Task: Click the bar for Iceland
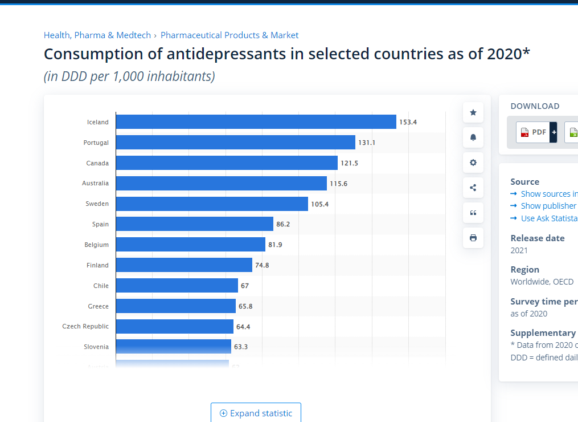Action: click(x=256, y=122)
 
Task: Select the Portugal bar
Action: click(x=235, y=143)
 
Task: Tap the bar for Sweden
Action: click(x=212, y=204)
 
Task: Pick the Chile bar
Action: click(x=177, y=286)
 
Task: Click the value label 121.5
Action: click(x=349, y=163)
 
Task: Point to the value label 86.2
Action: click(x=283, y=224)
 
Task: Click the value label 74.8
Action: click(x=262, y=265)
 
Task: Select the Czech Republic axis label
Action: click(x=85, y=326)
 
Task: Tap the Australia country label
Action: click(x=95, y=183)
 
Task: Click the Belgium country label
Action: click(x=96, y=245)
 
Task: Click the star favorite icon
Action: click(x=473, y=113)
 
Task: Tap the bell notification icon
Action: click(x=473, y=137)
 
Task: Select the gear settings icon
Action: click(x=473, y=163)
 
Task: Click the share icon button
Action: click(x=473, y=188)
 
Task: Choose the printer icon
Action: click(x=473, y=238)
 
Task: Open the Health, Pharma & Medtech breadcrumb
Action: click(x=97, y=35)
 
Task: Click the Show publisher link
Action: click(x=548, y=206)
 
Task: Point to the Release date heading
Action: click(x=538, y=238)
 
